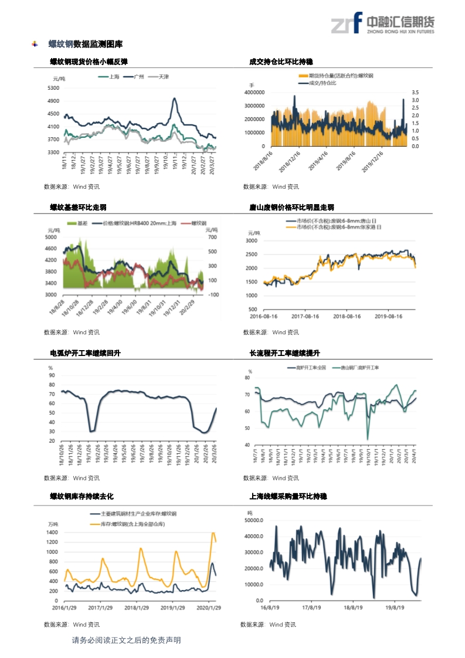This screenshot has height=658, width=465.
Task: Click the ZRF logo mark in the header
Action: pos(347,23)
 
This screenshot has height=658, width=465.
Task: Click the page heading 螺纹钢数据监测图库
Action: pos(85,44)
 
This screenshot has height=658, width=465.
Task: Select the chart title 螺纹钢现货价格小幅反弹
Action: pos(89,62)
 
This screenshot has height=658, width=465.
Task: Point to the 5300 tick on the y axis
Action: pos(53,88)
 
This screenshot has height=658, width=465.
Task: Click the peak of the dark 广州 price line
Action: pos(174,99)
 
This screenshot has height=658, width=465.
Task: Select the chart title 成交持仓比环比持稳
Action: pos(281,62)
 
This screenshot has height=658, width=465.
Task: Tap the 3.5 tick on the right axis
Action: pos(415,93)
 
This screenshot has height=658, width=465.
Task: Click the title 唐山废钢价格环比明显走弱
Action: pos(291,208)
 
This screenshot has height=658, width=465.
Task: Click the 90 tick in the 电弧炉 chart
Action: pos(52,375)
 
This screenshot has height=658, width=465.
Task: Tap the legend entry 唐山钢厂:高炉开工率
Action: pos(355,368)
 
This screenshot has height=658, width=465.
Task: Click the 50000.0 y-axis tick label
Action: pos(255,520)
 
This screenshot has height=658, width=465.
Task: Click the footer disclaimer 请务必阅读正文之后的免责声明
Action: pos(126,640)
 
